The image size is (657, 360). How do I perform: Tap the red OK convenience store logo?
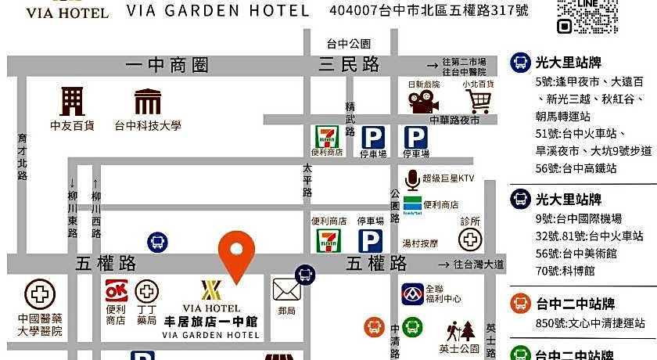pyautogui.click(x=117, y=291)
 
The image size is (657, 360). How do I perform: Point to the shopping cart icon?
pyautogui.click(x=478, y=101)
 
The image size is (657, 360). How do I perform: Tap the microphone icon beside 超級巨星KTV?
pyautogui.click(x=411, y=179)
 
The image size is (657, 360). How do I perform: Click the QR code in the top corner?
pyautogui.click(x=587, y=16)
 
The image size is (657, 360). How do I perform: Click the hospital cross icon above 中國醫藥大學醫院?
pyautogui.click(x=40, y=295)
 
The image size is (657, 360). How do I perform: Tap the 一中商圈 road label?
pyautogui.click(x=167, y=66)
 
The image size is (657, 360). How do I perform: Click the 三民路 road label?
pyautogui.click(x=349, y=65)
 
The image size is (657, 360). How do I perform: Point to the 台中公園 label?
pyautogui.click(x=349, y=44)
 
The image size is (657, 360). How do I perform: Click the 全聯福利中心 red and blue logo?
pyautogui.click(x=413, y=294)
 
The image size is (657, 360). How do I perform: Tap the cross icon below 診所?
pyautogui.click(x=470, y=239)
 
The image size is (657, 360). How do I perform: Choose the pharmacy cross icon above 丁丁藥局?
pyautogui.click(x=146, y=291)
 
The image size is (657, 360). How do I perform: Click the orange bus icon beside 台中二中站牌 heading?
pyautogui.click(x=522, y=304)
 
